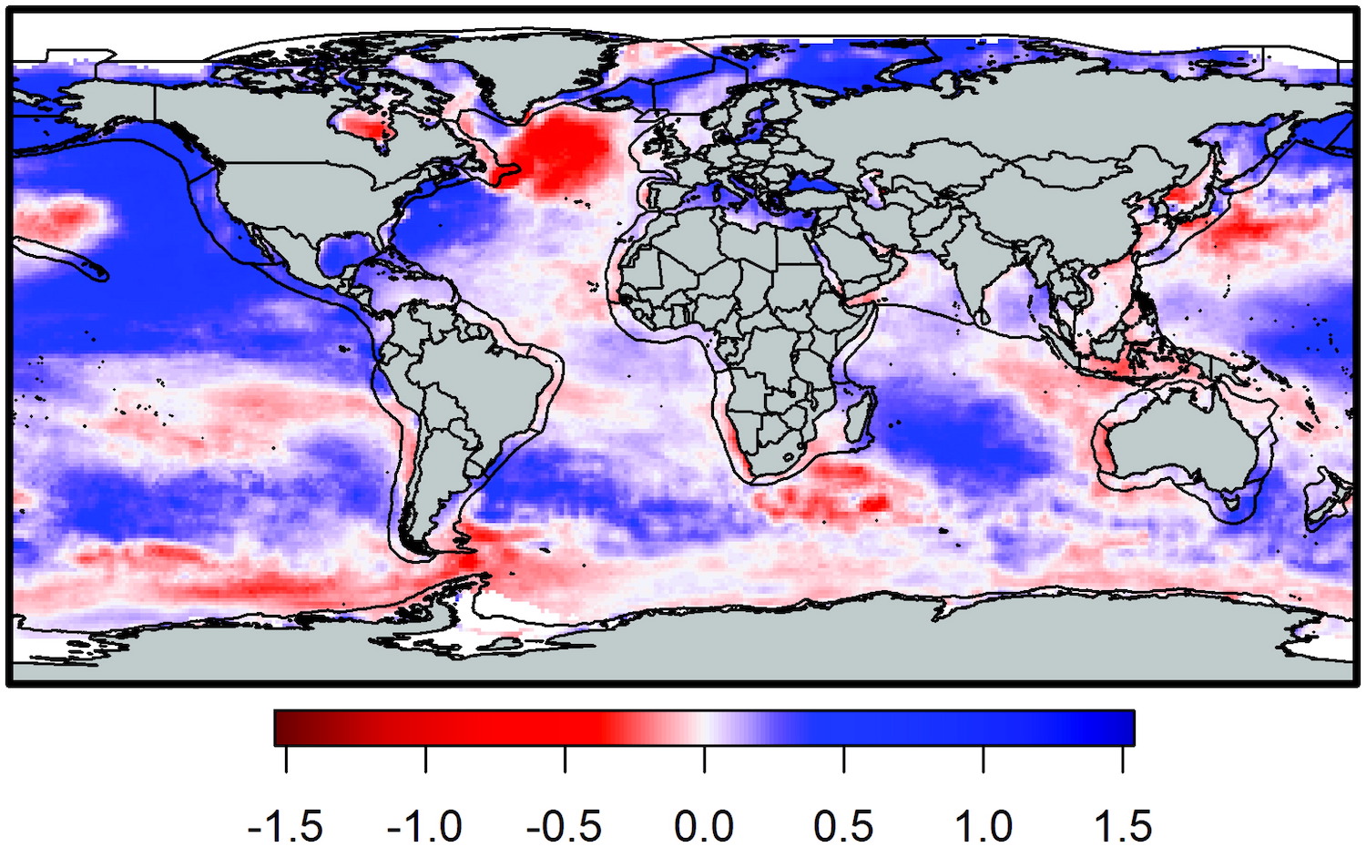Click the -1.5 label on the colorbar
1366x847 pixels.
285,826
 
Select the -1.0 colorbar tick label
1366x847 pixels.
424,826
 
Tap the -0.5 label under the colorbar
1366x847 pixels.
564,826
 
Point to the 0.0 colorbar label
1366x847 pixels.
704,826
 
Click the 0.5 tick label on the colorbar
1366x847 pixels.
843,826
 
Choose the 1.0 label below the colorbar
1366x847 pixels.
984,826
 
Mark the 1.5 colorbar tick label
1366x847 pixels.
1123,826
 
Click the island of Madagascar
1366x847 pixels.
861,414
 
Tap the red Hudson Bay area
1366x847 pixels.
364,126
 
